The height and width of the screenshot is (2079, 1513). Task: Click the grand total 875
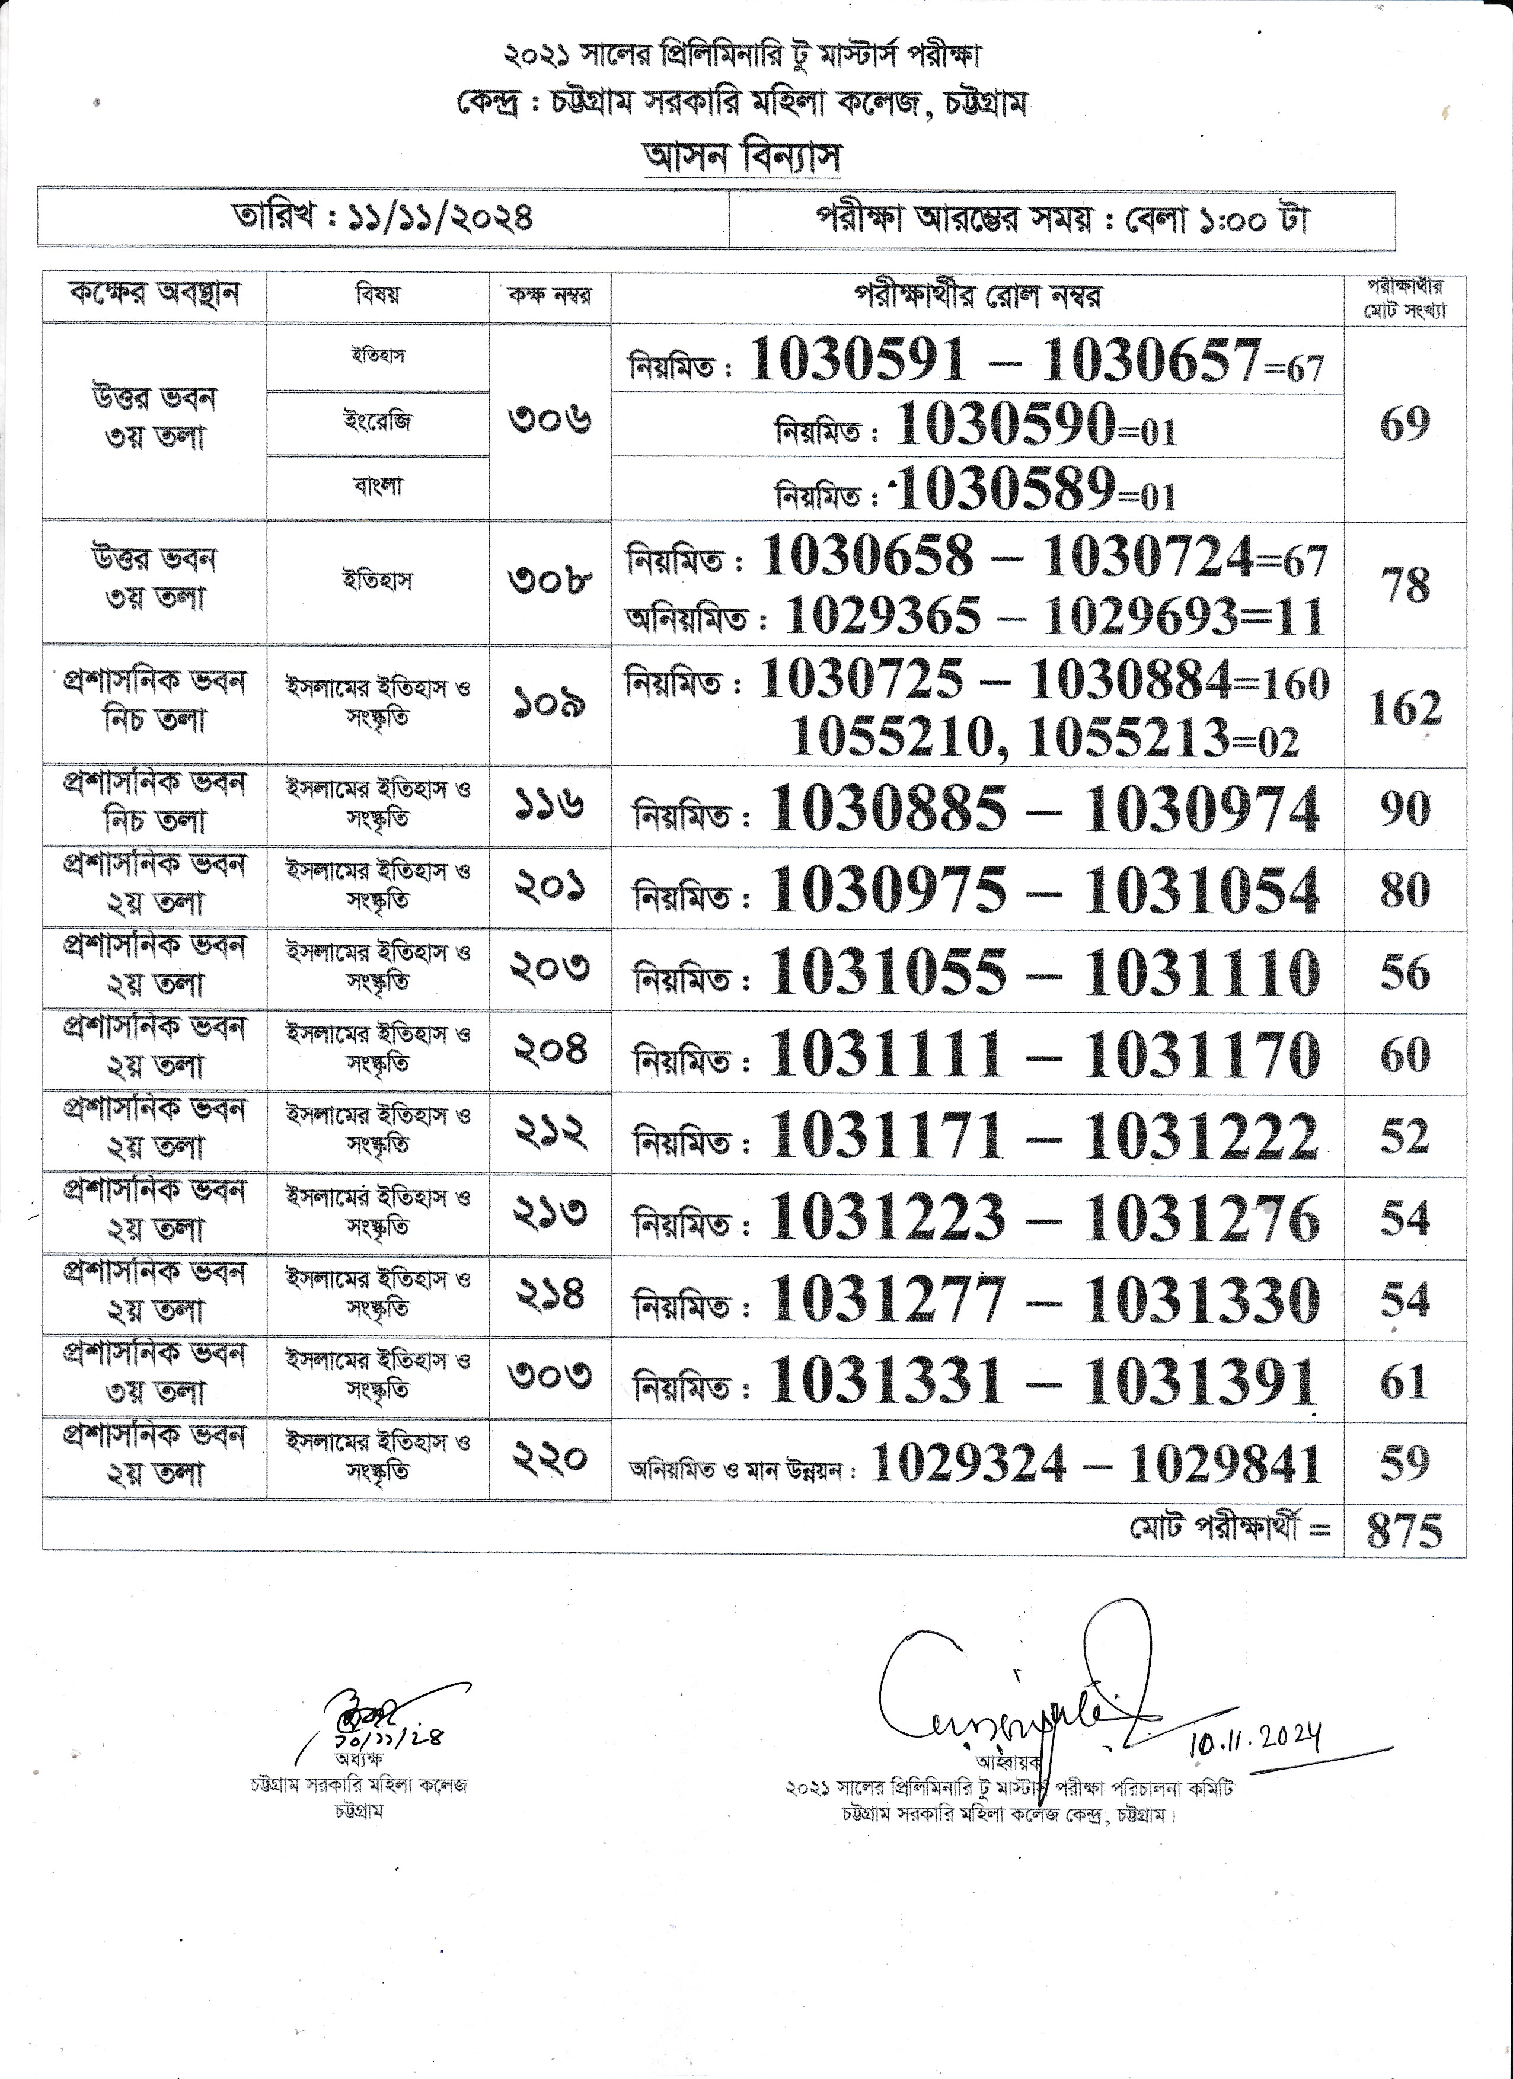click(1404, 1531)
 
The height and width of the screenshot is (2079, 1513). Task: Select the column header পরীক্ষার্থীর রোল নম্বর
click(978, 296)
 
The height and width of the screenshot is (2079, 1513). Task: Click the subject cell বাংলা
click(377, 487)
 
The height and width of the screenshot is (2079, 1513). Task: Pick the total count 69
click(1405, 424)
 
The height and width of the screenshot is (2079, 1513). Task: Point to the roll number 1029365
click(883, 616)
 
